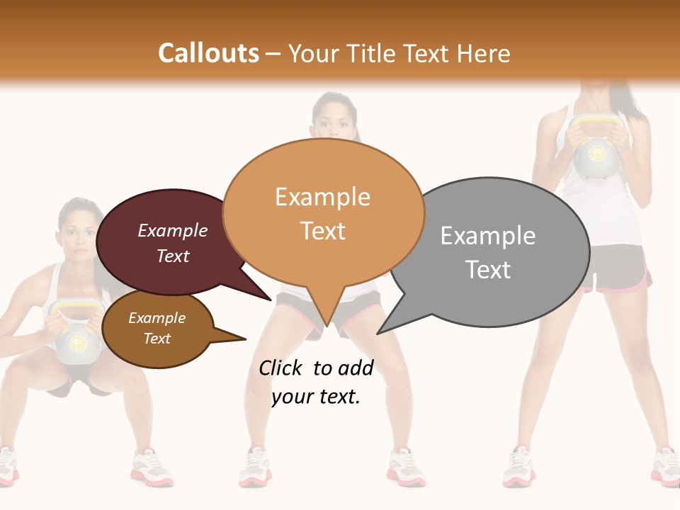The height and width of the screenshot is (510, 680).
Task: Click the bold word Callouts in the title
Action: point(208,53)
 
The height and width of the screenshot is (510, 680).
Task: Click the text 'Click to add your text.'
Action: point(316,382)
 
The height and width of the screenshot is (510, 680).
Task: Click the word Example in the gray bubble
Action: point(487,235)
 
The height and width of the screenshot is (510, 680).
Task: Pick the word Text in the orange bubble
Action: point(323,231)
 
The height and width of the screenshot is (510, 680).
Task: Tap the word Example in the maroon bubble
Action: point(173,230)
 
